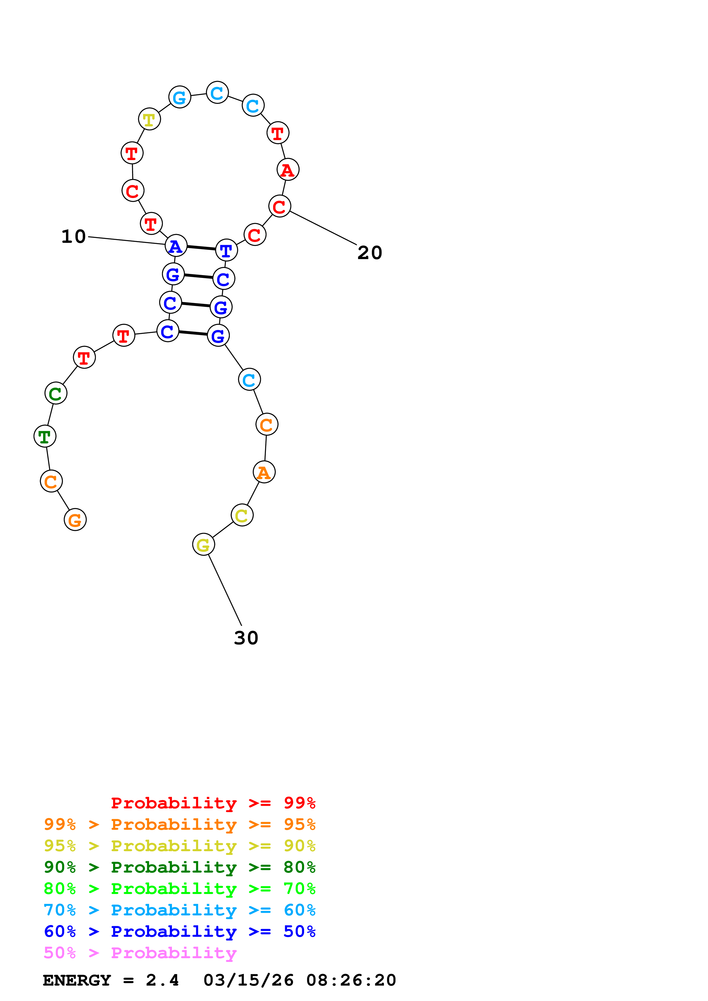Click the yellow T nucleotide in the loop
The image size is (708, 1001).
[x=149, y=119]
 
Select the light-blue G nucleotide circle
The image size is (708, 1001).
[x=180, y=97]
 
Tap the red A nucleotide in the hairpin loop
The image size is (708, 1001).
[x=288, y=169]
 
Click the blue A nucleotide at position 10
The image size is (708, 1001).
[x=176, y=246]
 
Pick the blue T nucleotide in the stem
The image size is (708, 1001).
[x=226, y=250]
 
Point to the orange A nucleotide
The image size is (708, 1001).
[x=264, y=472]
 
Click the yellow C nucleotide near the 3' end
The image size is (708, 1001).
[x=242, y=515]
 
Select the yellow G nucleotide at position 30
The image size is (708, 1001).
[x=203, y=544]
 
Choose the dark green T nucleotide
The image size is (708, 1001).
[x=45, y=436]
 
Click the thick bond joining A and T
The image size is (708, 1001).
[x=201, y=248]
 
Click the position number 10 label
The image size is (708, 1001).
[x=73, y=237]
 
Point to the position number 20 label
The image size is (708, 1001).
[x=370, y=253]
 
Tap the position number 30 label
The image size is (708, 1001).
[x=246, y=638]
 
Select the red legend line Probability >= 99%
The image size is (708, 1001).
[x=213, y=803]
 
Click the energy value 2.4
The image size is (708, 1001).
[x=162, y=980]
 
